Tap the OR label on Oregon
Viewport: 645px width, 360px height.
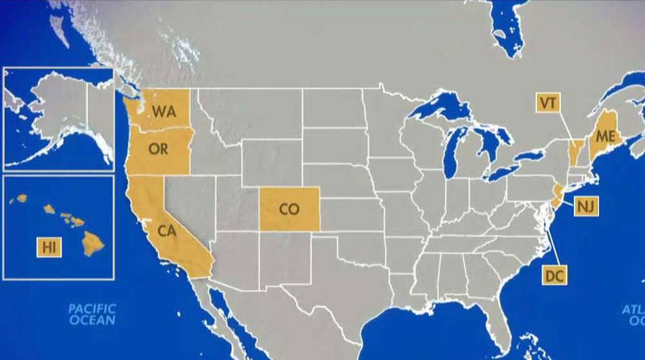[158, 150]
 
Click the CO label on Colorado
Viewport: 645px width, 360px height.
[289, 209]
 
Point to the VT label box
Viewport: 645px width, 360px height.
[547, 103]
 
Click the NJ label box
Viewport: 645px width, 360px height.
[585, 207]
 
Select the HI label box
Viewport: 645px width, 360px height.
[49, 248]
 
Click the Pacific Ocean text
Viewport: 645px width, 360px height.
[92, 315]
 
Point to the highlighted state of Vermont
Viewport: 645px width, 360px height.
[574, 152]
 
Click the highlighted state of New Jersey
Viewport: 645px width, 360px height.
[557, 193]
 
